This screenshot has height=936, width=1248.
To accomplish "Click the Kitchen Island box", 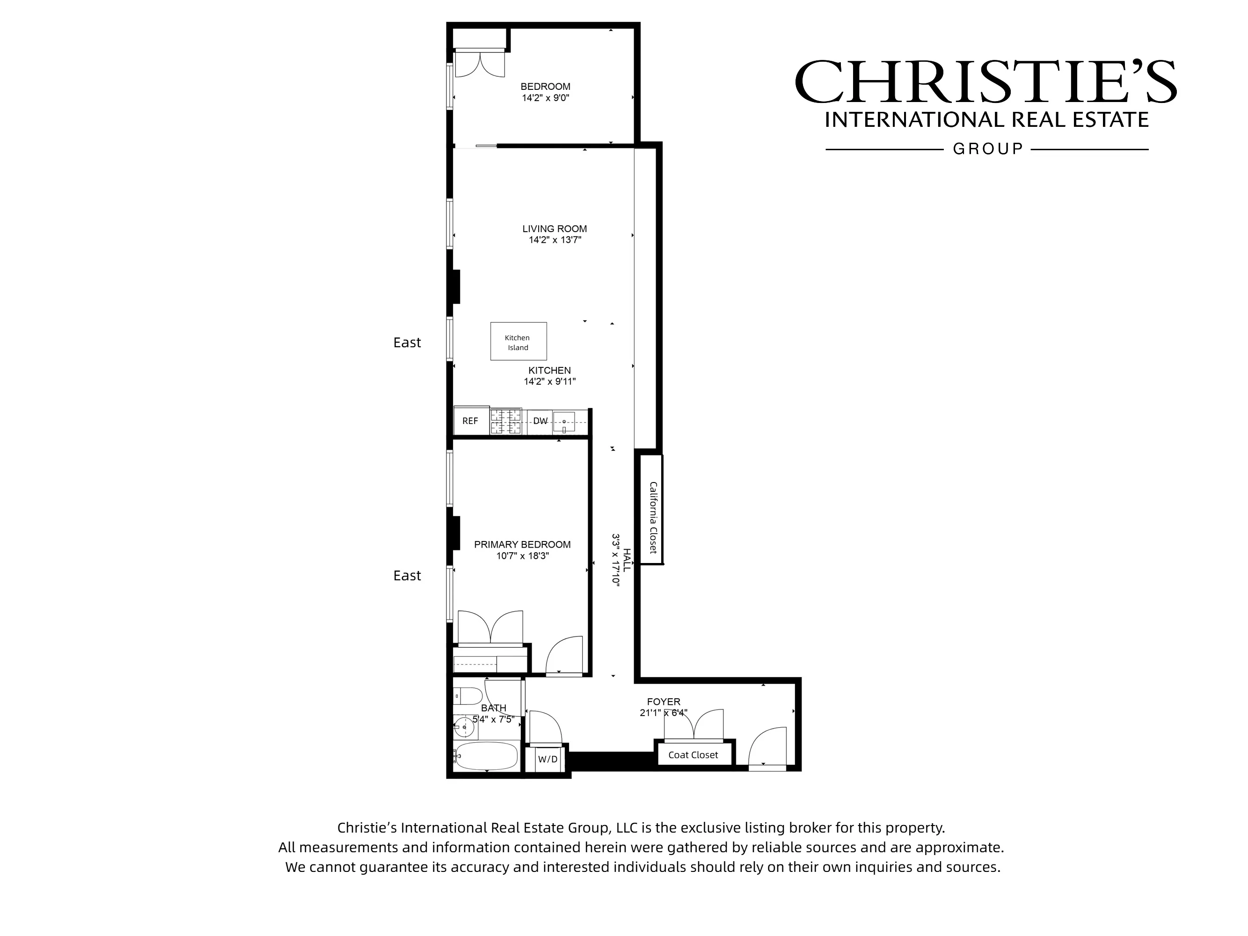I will (x=518, y=341).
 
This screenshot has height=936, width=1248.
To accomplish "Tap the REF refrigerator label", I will (x=469, y=421).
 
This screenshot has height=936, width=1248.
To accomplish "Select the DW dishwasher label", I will (x=540, y=421).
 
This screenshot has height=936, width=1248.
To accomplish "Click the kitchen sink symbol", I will (x=563, y=422).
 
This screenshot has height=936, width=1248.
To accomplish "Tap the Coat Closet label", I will (x=693, y=755).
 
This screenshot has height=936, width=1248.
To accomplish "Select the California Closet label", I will (x=653, y=517).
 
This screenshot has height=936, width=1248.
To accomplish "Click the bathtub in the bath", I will (x=486, y=755).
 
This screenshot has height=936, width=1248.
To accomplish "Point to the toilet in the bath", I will (x=468, y=696).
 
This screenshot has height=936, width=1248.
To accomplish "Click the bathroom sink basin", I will (x=464, y=727).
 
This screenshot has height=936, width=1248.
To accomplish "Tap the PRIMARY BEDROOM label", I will (x=522, y=544).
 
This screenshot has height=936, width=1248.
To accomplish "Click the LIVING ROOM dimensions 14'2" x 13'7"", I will (x=555, y=240).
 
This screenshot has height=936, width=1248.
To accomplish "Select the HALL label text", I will (x=626, y=560).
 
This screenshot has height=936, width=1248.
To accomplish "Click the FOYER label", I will (x=664, y=702).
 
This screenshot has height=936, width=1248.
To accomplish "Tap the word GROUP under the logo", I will (x=987, y=149).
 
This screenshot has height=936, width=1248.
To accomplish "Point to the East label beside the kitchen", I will (x=407, y=343).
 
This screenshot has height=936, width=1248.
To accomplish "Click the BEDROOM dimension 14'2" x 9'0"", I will (x=545, y=98).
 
